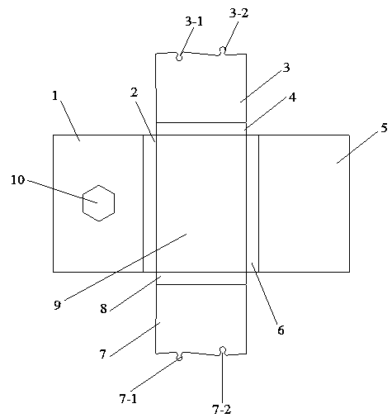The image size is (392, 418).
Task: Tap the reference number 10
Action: (x=18, y=180)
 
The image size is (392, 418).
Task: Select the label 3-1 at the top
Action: (x=194, y=21)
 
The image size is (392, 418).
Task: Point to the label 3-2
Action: (x=239, y=13)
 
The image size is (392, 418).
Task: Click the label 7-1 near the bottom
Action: (x=128, y=398)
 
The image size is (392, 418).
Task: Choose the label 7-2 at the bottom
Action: (x=222, y=410)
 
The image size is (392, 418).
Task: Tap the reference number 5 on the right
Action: (x=384, y=128)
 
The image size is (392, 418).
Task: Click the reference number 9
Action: (x=57, y=305)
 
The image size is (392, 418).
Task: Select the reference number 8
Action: (x=103, y=309)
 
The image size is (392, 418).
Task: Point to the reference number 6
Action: (x=281, y=330)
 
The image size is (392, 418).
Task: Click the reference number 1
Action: (x=55, y=96)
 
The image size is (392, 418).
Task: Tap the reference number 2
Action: (x=134, y=93)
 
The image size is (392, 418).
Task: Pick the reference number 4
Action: (x=293, y=97)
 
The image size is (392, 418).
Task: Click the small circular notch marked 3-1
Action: (x=179, y=58)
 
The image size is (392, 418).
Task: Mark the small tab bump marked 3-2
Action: (x=222, y=50)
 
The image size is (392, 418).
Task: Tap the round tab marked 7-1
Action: (x=179, y=358)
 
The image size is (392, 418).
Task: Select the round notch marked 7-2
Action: (x=223, y=350)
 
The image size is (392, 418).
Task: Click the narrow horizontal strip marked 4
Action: (x=201, y=129)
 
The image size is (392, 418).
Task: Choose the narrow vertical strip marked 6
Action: (x=253, y=203)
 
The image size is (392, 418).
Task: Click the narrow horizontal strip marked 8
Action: (x=201, y=278)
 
